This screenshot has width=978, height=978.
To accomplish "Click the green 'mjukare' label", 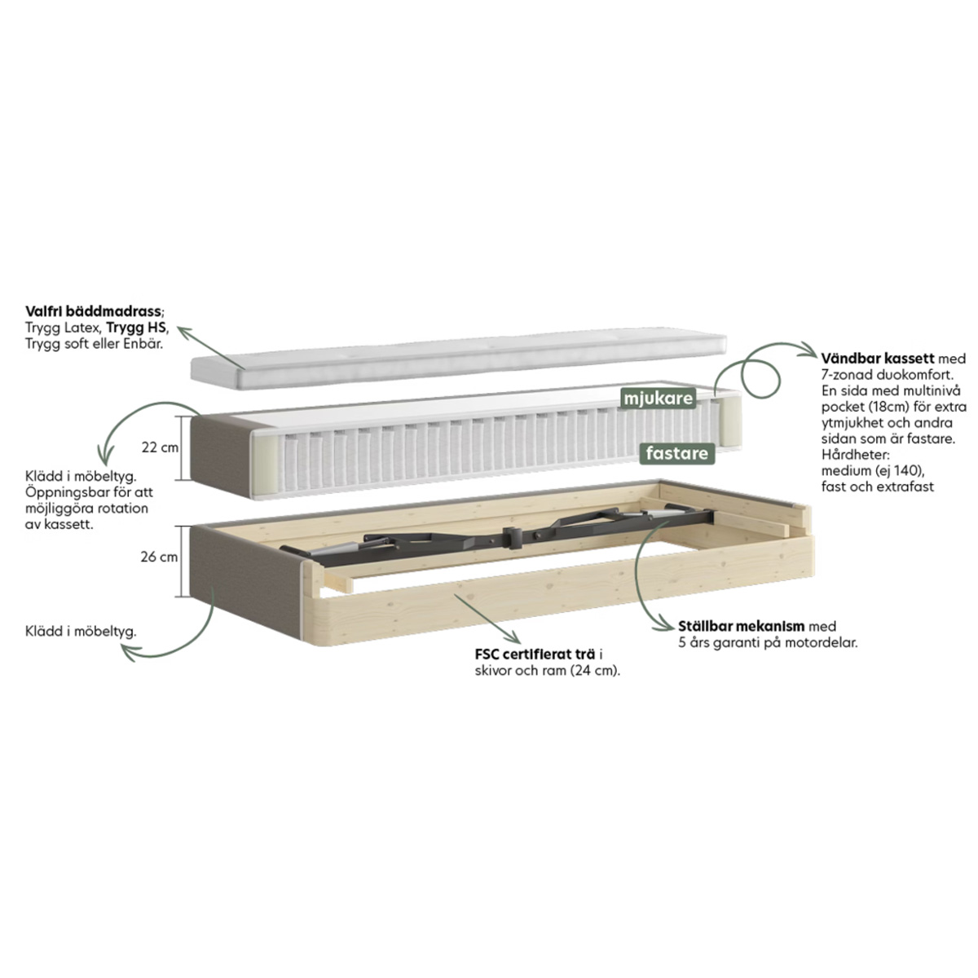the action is click(659, 399).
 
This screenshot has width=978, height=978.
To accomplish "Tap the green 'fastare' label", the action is click(677, 453).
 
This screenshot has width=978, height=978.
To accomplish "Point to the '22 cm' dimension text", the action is click(160, 447).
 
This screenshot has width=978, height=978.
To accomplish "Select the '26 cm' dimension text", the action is click(160, 557).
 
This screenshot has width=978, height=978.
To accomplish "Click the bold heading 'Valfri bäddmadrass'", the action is click(94, 311).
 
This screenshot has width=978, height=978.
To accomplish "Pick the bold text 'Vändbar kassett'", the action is click(878, 359).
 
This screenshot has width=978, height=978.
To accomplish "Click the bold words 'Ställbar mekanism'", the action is click(742, 626).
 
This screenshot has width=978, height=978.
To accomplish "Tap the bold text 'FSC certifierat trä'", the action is click(535, 654).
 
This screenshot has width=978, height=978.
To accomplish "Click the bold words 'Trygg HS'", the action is click(136, 328).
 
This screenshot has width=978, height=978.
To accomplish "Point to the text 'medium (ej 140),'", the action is click(873, 470).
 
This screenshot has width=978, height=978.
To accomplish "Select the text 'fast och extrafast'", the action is click(878, 487).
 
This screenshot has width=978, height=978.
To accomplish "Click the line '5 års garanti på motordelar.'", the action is click(768, 642).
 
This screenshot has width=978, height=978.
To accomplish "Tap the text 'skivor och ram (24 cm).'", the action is click(548, 671).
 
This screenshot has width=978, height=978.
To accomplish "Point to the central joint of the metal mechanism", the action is click(513, 537).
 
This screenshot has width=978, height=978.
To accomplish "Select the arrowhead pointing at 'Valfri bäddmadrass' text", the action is click(183, 333).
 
